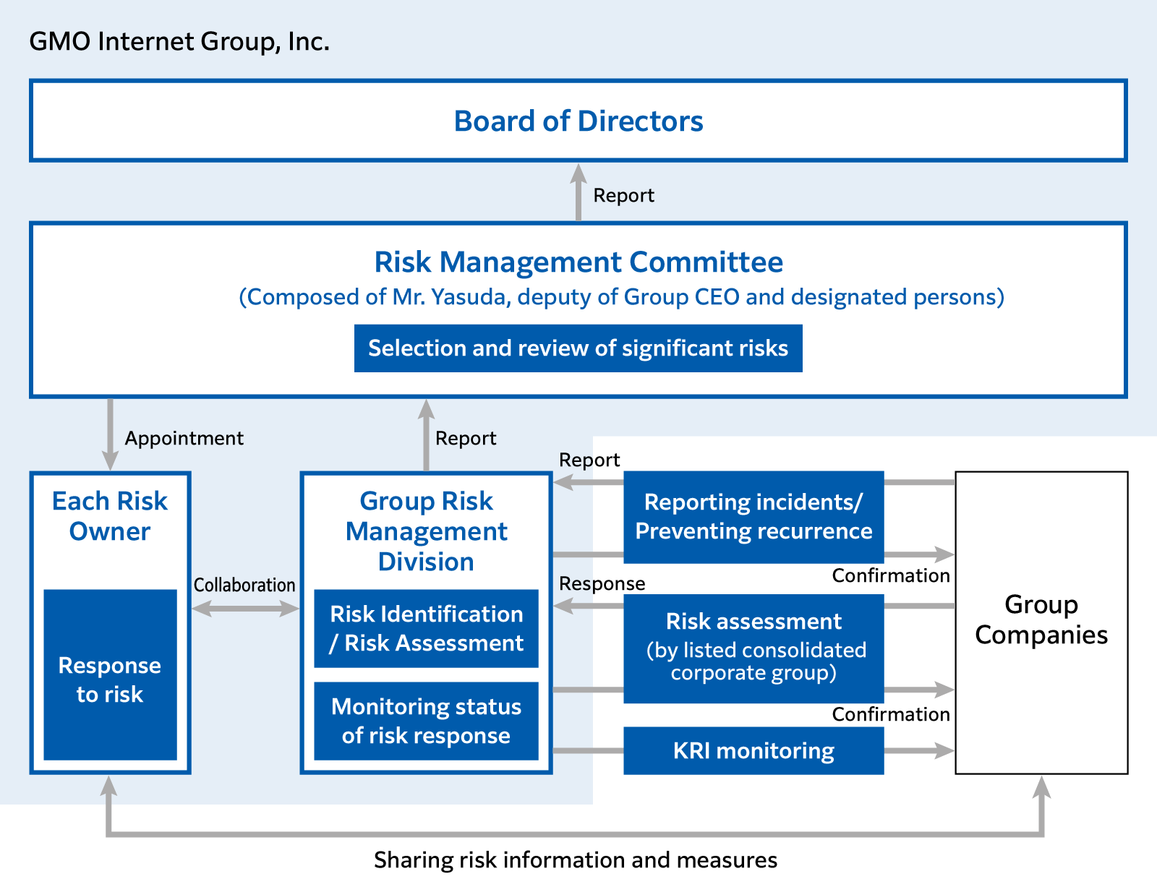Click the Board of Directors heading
(578, 121)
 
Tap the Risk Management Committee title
(578, 262)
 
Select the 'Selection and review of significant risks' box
(578, 348)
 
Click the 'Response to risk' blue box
(110, 674)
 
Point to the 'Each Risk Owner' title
(110, 515)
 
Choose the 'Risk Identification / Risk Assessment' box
(426, 628)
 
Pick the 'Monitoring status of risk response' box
(426, 721)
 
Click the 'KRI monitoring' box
(753, 750)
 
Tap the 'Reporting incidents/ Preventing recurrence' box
(753, 517)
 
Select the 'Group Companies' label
(1041, 619)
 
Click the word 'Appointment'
(184, 438)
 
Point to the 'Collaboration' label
(244, 585)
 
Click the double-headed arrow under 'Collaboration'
(246, 609)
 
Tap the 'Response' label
(602, 584)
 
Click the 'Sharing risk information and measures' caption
(576, 860)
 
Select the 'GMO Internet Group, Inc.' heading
(179, 41)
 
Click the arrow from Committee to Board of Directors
(578, 192)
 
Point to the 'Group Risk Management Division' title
(426, 531)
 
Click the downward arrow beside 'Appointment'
(110, 434)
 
